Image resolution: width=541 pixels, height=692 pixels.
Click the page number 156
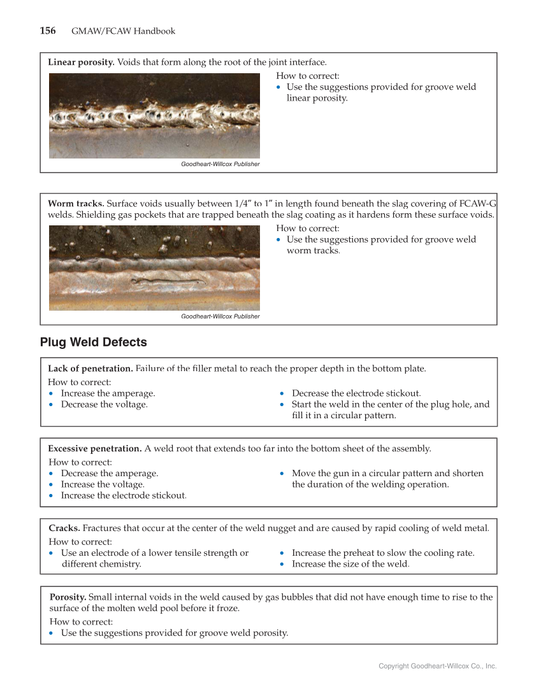pos(48,31)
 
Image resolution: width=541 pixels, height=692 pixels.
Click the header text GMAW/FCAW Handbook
pos(123,31)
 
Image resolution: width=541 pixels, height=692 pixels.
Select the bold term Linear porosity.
pos(81,62)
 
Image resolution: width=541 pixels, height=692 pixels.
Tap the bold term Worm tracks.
pos(76,204)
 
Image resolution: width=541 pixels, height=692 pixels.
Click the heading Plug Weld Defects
pos(93,342)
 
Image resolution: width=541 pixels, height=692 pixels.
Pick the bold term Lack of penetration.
pos(90,369)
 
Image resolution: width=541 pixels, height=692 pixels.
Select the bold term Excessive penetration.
pos(95,449)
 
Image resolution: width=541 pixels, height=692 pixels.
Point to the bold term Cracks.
pos(64,528)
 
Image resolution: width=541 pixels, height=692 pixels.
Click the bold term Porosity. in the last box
pos(68,597)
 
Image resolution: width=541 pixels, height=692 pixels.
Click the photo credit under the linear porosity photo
pos(220,164)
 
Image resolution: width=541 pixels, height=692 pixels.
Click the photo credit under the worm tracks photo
pos(220,316)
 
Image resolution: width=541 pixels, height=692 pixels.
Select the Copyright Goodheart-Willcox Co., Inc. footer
pos(437,666)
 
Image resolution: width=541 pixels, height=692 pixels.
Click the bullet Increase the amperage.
pos(108,393)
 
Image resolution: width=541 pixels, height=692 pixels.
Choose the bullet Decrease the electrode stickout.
pos(356,393)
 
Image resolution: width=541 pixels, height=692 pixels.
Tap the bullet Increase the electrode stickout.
pos(124,495)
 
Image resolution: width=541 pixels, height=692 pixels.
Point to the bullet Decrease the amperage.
pos(109,473)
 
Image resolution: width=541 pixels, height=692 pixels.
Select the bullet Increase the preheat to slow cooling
pos(382,553)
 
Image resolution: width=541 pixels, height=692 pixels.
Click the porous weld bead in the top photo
pos(153,118)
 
